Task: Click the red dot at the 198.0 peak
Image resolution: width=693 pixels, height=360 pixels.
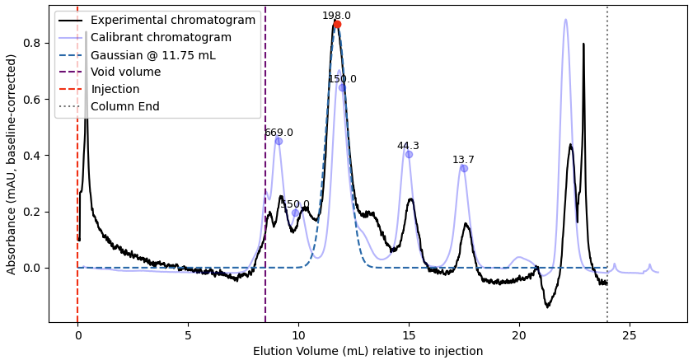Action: (337, 25)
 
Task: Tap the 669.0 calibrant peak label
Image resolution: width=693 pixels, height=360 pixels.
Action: (279, 133)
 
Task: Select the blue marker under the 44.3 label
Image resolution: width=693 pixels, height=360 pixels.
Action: (409, 154)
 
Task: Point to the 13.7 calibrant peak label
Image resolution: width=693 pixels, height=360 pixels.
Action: (463, 160)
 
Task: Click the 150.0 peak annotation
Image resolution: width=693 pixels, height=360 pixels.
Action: (342, 79)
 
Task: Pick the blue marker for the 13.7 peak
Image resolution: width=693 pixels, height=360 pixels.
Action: (464, 168)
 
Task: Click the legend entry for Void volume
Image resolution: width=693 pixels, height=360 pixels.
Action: (126, 72)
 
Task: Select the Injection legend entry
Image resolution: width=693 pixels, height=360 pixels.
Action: (115, 89)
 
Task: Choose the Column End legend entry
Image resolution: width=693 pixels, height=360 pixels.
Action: (125, 106)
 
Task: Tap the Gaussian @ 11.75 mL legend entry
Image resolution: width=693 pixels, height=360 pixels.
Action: (152, 55)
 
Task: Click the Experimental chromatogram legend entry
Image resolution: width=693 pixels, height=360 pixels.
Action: (172, 21)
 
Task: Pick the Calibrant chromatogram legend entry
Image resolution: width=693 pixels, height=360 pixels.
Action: (161, 38)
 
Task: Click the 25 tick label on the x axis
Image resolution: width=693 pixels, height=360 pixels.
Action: (630, 335)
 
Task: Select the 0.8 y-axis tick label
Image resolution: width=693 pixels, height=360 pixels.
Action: (32, 43)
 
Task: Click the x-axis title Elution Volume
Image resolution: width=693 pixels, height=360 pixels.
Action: (368, 352)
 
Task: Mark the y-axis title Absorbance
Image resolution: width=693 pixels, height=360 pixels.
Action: (12, 164)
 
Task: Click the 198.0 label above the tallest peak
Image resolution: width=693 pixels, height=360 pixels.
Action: (336, 16)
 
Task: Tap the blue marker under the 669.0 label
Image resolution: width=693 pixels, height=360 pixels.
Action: (279, 141)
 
